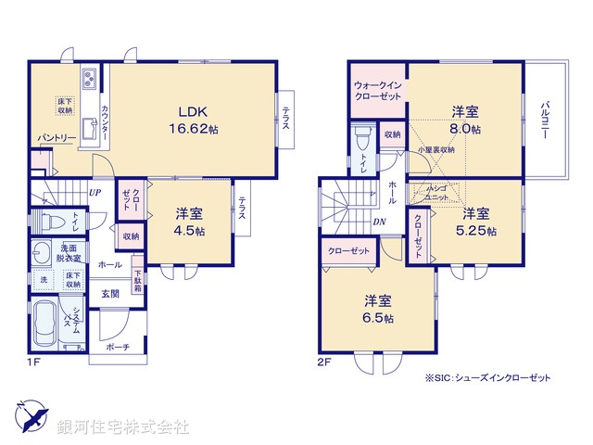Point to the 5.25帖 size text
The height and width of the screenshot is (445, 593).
point(479,230)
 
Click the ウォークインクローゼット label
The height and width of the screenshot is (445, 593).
point(377,91)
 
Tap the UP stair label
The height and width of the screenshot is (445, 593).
point(95,193)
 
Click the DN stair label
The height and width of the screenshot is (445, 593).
point(380,222)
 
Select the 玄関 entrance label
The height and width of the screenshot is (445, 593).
point(110,294)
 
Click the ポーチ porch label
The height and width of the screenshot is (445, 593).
point(118,348)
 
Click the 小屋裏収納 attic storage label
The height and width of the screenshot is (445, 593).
point(435,149)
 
